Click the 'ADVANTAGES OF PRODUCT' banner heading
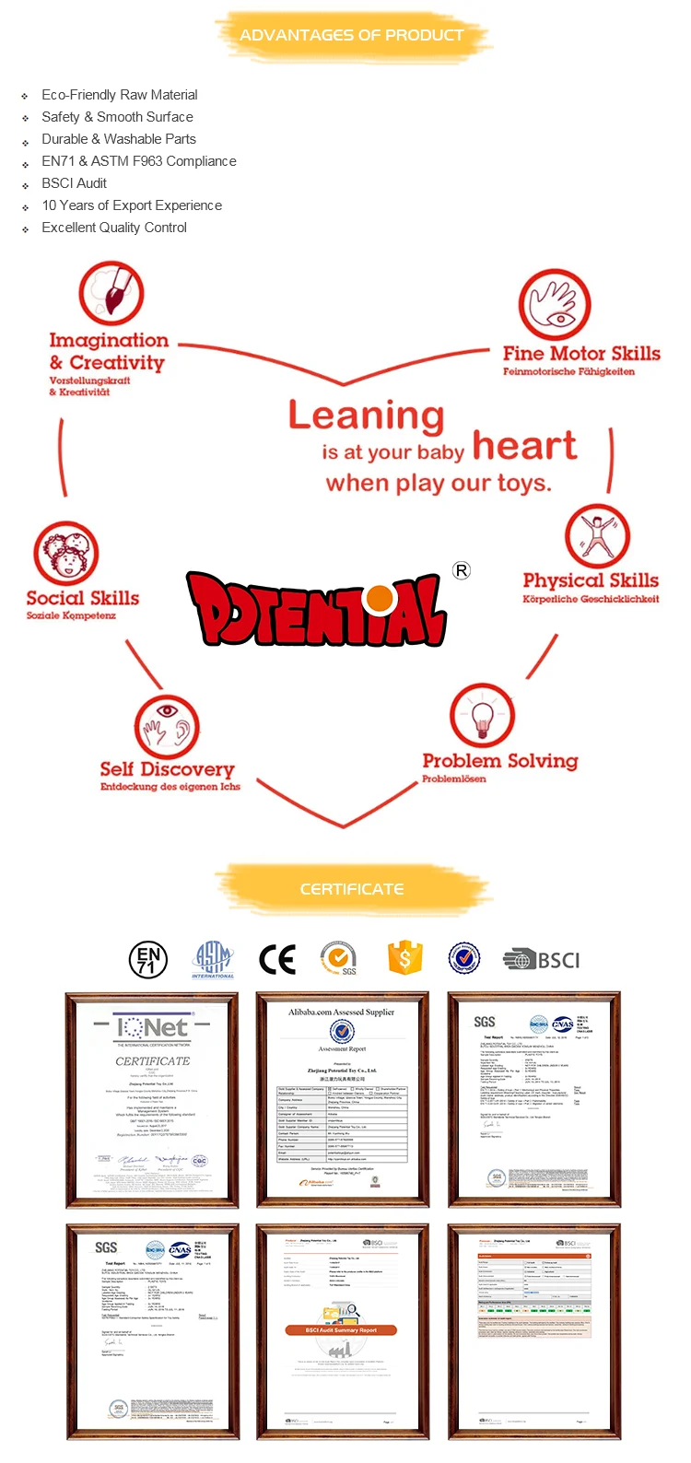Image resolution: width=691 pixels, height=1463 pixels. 351,35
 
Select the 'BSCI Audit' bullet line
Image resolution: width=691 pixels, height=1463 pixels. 74,183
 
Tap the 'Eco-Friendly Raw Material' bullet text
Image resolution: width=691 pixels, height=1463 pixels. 119,95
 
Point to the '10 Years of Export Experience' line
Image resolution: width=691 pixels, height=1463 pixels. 132,205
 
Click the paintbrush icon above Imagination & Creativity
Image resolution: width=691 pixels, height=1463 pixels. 111,293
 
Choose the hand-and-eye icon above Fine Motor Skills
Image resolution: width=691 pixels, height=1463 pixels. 554,305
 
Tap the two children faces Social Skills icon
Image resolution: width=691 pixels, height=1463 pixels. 65,554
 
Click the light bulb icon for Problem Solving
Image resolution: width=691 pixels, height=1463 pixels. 482,716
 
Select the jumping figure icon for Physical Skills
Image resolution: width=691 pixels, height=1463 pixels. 597,536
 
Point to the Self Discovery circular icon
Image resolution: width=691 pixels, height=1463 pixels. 167,726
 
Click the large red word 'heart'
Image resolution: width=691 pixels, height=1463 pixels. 524,446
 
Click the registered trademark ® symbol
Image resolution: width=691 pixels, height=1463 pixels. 462,570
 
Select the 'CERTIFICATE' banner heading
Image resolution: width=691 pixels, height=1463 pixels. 352,889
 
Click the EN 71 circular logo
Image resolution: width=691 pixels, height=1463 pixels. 147,959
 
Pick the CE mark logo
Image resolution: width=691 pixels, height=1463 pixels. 277,959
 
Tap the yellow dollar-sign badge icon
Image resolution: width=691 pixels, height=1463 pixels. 404,958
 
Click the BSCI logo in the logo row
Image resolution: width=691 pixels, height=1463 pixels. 542,960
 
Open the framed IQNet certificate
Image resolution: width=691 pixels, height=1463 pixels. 152,1099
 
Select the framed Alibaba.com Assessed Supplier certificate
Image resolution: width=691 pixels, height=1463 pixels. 343,1099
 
